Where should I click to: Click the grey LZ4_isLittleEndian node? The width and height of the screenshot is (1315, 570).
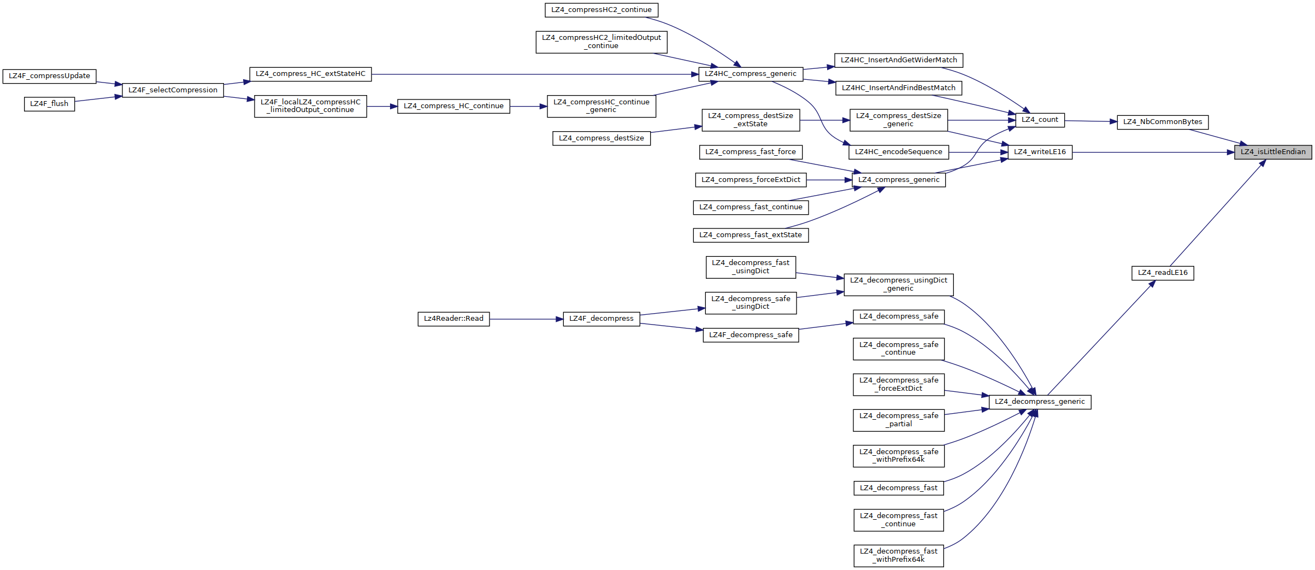(x=1272, y=152)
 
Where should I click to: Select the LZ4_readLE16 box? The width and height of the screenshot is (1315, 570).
(x=1162, y=273)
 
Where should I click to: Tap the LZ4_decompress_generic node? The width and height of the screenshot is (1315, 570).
(x=1039, y=402)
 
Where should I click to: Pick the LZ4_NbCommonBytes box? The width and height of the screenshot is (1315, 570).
(x=1162, y=122)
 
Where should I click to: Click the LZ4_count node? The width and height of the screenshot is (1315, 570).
(x=1039, y=120)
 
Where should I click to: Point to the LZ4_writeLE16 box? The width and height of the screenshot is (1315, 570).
(x=1039, y=152)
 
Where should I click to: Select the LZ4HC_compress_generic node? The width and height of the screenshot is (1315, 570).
(x=750, y=74)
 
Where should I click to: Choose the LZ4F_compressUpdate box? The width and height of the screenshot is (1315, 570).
(x=49, y=76)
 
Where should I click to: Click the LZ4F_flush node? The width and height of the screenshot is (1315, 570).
(x=49, y=104)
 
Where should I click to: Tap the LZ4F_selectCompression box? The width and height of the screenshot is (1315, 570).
(x=173, y=90)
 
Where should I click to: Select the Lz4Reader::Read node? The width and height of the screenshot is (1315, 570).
(x=453, y=319)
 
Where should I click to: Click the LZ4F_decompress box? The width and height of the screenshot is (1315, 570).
(x=601, y=319)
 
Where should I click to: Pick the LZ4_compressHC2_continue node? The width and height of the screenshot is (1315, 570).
(x=601, y=10)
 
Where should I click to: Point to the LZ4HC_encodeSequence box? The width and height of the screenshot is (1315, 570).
(x=898, y=152)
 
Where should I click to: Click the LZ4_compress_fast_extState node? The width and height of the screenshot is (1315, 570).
(x=750, y=235)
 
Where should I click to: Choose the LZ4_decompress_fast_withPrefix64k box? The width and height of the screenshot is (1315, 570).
(x=898, y=555)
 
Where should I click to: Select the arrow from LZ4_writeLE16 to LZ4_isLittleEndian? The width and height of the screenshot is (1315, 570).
(x=1153, y=152)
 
